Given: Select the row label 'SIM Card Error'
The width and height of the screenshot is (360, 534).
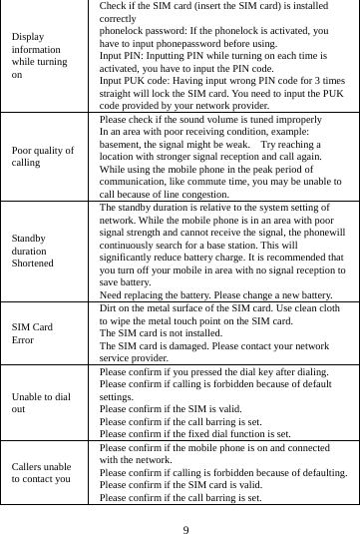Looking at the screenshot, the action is pyautogui.click(x=33, y=333).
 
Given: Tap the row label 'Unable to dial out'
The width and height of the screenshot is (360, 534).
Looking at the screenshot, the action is pyautogui.click(x=41, y=402).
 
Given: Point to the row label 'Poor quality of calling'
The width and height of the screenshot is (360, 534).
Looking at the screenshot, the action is pyautogui.click(x=44, y=158).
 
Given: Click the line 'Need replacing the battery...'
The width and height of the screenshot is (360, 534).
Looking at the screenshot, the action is pyautogui.click(x=216, y=294).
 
